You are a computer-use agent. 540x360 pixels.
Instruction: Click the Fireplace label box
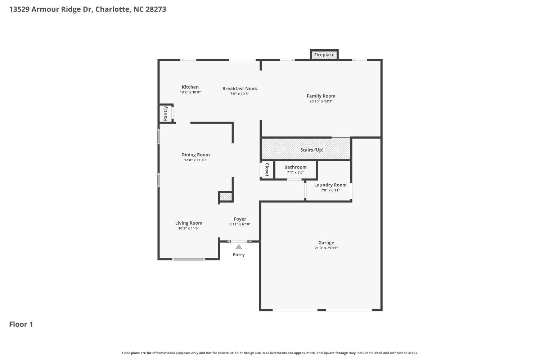click(x=324, y=55)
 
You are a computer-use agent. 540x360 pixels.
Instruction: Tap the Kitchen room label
click(x=190, y=87)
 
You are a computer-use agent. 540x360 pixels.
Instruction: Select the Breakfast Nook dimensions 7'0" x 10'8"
click(x=240, y=94)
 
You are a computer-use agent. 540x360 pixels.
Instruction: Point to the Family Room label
click(x=321, y=96)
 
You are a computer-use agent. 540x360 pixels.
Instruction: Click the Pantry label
click(x=166, y=113)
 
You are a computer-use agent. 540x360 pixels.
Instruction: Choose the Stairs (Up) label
click(x=312, y=150)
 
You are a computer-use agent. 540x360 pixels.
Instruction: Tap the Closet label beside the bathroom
click(x=267, y=170)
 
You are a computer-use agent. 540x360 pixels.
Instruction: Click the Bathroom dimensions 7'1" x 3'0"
click(x=295, y=172)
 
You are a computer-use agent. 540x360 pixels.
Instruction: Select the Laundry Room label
click(x=330, y=185)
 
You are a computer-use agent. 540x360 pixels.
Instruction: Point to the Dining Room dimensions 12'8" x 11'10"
click(x=195, y=160)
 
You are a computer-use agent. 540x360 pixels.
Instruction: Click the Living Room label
click(x=189, y=223)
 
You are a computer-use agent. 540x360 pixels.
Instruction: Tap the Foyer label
click(x=240, y=219)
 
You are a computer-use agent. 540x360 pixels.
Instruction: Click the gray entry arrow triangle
click(x=239, y=247)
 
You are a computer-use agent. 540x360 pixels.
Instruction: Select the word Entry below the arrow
click(x=239, y=255)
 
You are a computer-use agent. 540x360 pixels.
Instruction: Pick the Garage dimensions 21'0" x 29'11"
click(x=326, y=248)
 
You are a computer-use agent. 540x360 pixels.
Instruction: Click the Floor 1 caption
click(x=21, y=324)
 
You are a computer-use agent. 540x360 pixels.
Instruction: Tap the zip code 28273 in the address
click(x=156, y=9)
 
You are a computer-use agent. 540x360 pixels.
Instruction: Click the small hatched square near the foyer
click(x=226, y=197)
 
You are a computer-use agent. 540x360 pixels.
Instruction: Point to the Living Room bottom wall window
click(x=189, y=259)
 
